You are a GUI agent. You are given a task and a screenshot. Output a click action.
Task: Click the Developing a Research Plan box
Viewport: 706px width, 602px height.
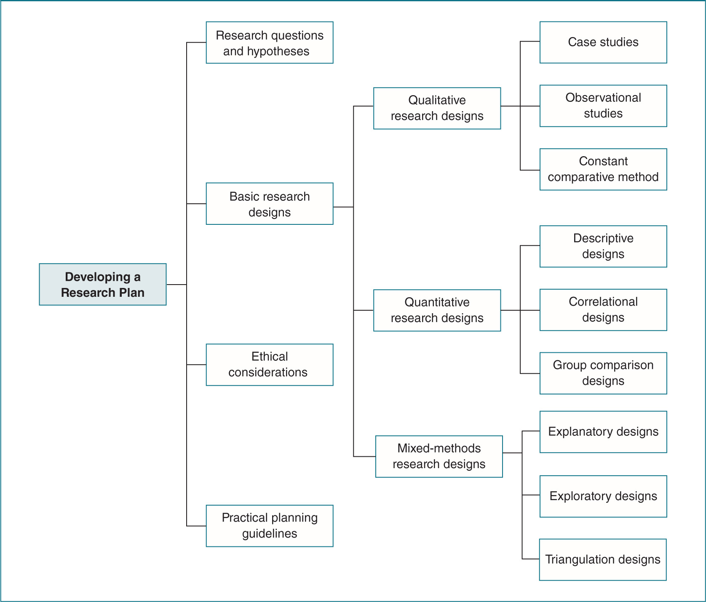tap(102, 285)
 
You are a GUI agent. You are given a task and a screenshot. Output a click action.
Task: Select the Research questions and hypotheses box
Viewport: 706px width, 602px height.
tap(270, 43)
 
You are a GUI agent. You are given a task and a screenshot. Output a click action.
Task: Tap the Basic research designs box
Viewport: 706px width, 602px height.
tap(270, 204)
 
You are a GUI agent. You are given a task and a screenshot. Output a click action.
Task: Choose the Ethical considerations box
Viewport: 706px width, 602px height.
tap(270, 365)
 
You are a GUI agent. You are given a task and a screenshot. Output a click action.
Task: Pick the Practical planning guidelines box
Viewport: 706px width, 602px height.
tap(270, 526)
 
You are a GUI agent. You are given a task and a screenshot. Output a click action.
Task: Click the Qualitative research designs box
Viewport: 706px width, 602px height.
tap(437, 108)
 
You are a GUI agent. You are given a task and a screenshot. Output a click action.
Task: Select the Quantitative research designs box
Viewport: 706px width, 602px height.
tap(437, 310)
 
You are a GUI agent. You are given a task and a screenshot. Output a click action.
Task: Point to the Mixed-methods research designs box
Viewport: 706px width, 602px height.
tap(439, 456)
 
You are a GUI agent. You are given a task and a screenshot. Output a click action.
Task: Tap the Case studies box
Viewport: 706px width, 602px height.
tap(603, 43)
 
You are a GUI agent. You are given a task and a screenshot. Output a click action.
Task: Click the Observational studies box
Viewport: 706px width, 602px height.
tap(603, 106)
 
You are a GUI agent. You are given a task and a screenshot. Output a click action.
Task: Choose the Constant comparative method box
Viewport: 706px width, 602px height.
tap(603, 169)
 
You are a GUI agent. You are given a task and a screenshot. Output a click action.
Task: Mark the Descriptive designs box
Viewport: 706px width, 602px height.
tap(603, 246)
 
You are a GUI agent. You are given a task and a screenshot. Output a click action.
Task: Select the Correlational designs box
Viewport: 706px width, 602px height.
tap(603, 310)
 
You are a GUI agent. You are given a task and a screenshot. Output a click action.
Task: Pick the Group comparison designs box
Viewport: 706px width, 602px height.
tap(603, 373)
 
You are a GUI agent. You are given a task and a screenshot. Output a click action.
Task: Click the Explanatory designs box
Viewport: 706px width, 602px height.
tap(603, 432)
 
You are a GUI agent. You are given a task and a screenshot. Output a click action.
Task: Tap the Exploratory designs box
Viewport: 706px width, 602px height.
tap(603, 496)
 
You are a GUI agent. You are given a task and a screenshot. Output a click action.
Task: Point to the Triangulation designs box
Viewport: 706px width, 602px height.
tap(603, 559)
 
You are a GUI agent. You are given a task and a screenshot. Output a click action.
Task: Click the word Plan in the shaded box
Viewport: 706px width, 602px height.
tap(131, 293)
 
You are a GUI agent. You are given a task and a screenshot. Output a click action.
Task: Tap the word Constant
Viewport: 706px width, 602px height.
tap(603, 161)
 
